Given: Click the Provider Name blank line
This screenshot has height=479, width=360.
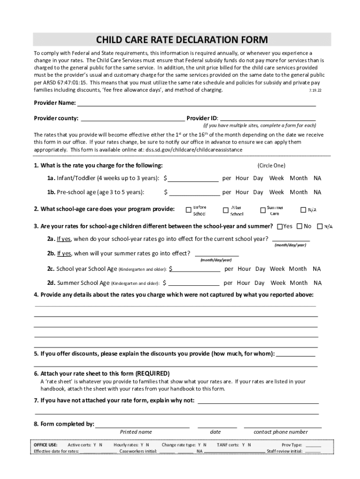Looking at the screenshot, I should coord(196,104).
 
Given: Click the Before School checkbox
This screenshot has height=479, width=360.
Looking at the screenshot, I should coord(188,210).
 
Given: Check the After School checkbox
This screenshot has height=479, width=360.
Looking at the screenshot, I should coord(226,210).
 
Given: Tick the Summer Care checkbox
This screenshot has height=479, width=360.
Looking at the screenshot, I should coord(262,210).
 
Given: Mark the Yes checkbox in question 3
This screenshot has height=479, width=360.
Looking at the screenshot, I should coord(280,226).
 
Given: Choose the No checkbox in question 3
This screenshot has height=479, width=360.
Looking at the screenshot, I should coord(300,226).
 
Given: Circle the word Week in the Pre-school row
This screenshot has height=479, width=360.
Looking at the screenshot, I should coord(276,192).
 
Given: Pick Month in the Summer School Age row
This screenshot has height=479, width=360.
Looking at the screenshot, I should coord(298,283).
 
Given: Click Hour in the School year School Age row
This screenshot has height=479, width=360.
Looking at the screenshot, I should coord(244,269).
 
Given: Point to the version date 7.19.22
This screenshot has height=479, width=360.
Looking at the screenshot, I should coord(316,90).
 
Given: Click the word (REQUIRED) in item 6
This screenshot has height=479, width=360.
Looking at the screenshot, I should coord(152,374).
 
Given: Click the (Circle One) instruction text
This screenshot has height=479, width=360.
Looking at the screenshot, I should coord(271,166).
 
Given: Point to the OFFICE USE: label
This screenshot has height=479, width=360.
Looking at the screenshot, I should coord(46,445).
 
